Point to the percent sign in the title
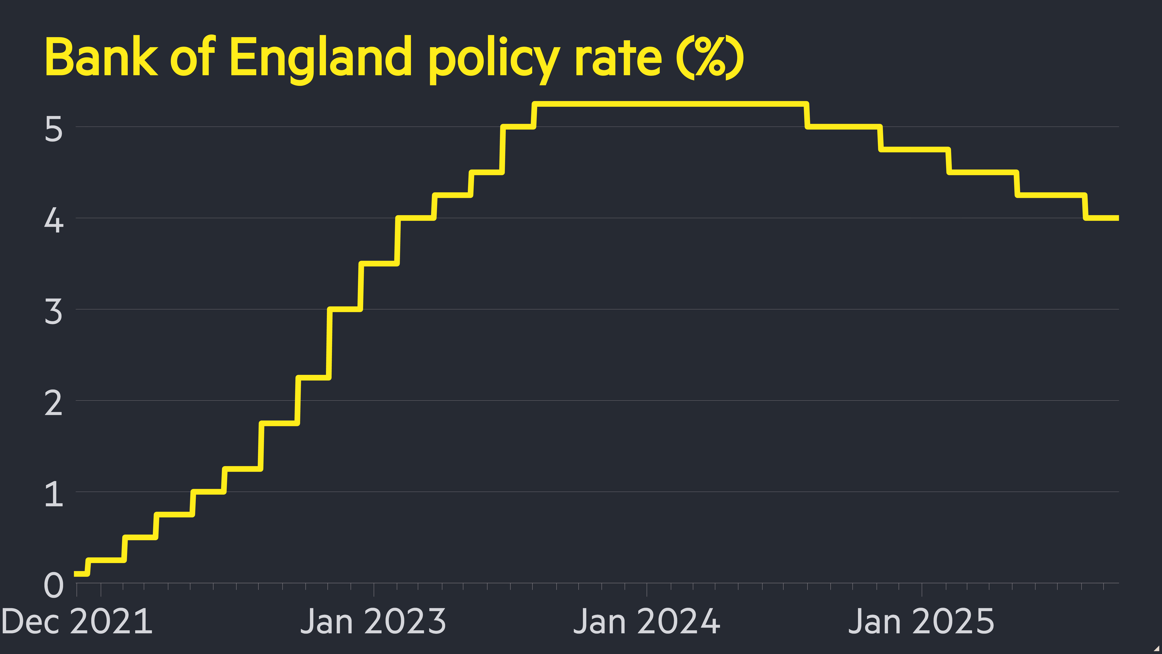coord(710,57)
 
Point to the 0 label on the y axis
coord(53,585)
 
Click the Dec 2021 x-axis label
coord(77,621)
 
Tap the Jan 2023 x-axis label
coord(373,621)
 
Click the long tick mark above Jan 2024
coord(647,589)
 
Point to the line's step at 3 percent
coord(345,309)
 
